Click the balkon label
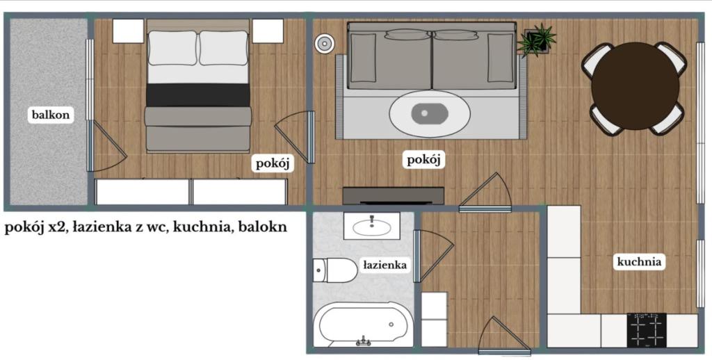coord(51,115)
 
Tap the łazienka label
coord(385,265)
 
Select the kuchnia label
coord(638,261)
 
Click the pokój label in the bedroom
coord(273,163)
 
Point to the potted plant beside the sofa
coord(537,40)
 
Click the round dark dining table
coord(636,86)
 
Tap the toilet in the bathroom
coord(335,270)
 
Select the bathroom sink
coord(371,226)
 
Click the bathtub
coord(362,324)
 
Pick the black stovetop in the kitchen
coord(647,330)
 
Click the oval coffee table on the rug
coord(430,114)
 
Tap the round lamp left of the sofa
coord(325,44)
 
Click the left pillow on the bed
coord(172,48)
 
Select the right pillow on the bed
coord(224,48)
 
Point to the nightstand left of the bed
coord(128,31)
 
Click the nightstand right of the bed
coord(268,31)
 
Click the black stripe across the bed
coord(198,95)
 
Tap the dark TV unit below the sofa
coord(394,196)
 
